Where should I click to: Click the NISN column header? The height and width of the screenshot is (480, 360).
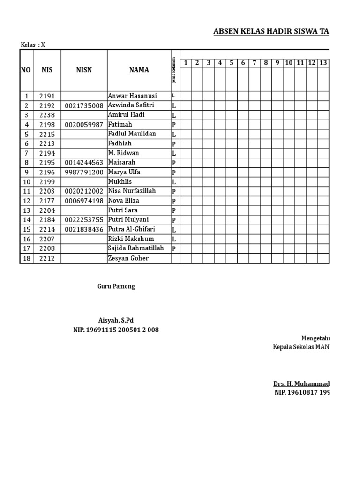pyautogui.click(x=84, y=70)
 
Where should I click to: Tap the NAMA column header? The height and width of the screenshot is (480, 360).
pyautogui.click(x=139, y=70)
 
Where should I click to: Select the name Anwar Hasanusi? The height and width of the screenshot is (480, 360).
pyautogui.click(x=133, y=96)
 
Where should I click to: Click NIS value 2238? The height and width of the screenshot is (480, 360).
pyautogui.click(x=47, y=115)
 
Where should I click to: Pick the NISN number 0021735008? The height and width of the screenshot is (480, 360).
pyautogui.click(x=84, y=106)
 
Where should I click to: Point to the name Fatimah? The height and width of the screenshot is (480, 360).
pyautogui.click(x=120, y=125)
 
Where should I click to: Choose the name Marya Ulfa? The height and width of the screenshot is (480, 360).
pyautogui.click(x=124, y=172)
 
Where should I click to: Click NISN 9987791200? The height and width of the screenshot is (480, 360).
pyautogui.click(x=84, y=172)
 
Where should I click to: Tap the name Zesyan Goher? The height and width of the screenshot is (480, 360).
pyautogui.click(x=128, y=258)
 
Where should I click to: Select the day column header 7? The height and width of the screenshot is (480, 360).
pyautogui.click(x=254, y=63)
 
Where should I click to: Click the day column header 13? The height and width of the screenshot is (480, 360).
pyautogui.click(x=323, y=63)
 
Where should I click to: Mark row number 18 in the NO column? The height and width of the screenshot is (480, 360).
pyautogui.click(x=27, y=258)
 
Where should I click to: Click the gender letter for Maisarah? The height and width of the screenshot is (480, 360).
pyautogui.click(x=173, y=163)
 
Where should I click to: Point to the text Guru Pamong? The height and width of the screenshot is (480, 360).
pyautogui.click(x=116, y=286)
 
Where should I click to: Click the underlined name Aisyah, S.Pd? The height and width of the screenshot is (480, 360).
pyautogui.click(x=116, y=320)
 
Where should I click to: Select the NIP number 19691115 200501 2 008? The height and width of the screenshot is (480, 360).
pyautogui.click(x=116, y=330)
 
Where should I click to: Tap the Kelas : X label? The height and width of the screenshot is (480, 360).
pyautogui.click(x=33, y=45)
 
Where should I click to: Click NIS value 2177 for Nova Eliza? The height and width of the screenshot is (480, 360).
pyautogui.click(x=47, y=201)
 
